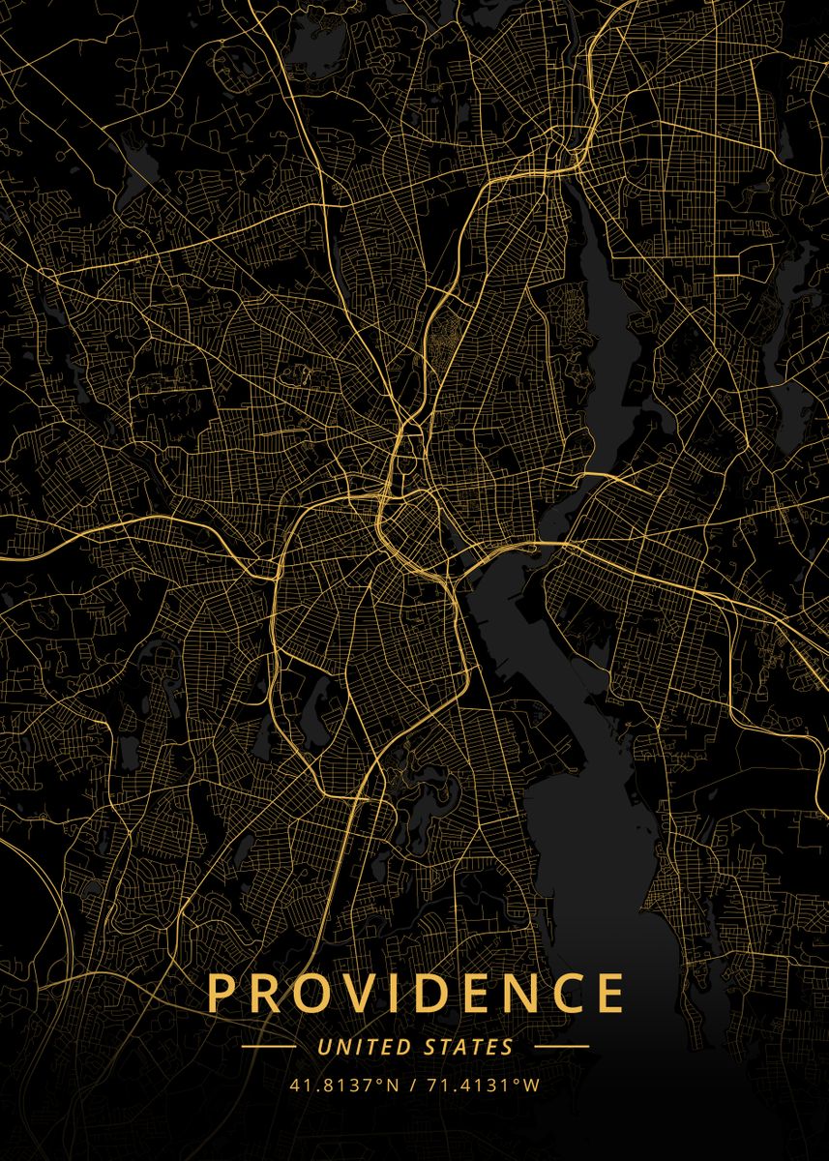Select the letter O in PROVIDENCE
tap(315, 994)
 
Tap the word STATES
tap(469, 1047)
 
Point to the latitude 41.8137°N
tap(343, 1085)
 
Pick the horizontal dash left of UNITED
tap(268, 1047)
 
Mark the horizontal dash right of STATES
tap(561, 1047)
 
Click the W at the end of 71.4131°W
tap(531, 1085)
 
